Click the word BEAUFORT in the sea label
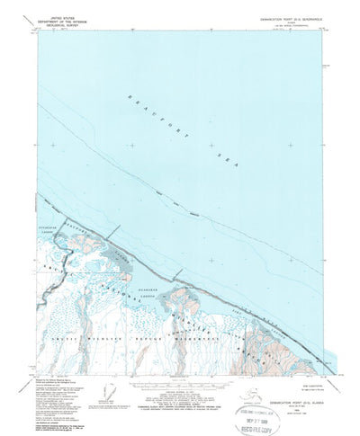click(x=144, y=105)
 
